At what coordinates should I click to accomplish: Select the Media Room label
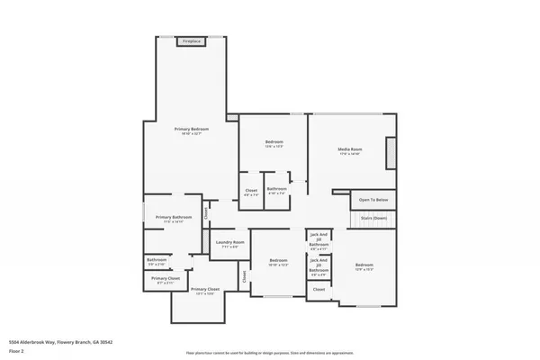coord(350,148)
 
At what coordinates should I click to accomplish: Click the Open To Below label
coord(373,200)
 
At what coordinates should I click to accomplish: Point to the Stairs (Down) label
coord(373,218)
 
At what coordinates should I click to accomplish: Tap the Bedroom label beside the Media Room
coord(274,142)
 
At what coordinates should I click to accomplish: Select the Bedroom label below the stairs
coord(364,265)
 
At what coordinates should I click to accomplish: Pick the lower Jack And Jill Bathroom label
coord(319,265)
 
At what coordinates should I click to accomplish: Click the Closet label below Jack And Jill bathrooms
coord(319,289)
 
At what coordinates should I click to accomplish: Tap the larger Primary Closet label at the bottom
coord(204,289)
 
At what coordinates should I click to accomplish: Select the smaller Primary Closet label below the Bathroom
coord(165,279)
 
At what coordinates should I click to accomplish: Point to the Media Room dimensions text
coord(350,154)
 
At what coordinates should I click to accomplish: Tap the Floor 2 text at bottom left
coord(15,349)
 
